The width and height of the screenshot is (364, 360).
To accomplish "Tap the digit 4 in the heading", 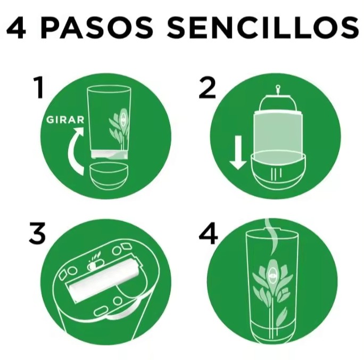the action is pyautogui.click(x=16, y=27).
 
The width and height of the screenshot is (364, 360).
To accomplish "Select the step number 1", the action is pyautogui.click(x=39, y=88).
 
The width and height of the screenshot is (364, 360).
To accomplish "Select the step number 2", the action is pyautogui.click(x=208, y=88).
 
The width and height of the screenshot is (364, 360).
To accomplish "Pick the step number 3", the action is pyautogui.click(x=37, y=233).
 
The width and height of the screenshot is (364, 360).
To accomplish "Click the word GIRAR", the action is pyautogui.click(x=65, y=120).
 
